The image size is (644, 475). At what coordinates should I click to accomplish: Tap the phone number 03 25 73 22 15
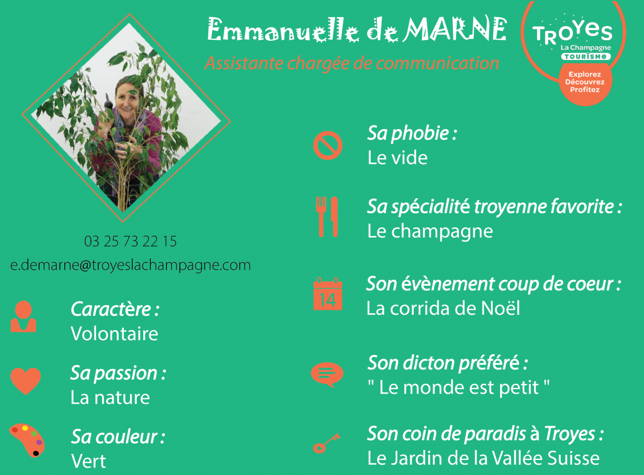point(130,241)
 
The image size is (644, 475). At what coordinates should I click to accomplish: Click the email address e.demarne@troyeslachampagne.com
point(130,265)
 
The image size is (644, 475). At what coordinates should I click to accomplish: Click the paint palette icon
point(27,440)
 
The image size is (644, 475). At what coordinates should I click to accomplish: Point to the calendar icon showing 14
point(328,294)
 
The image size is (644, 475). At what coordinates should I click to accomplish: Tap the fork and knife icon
point(327,217)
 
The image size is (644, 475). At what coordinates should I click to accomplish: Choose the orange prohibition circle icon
point(328,145)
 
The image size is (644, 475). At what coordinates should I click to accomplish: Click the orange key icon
point(327,443)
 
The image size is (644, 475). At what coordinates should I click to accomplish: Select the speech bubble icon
point(327,374)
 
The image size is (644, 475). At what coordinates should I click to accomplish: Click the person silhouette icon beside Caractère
point(24,316)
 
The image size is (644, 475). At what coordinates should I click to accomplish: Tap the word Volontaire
point(114,333)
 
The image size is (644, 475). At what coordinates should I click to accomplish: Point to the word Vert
point(89,461)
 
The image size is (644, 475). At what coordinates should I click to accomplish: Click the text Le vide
point(398,158)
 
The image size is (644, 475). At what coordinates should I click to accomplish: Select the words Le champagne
point(430,232)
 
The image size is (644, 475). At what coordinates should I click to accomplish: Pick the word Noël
point(501,308)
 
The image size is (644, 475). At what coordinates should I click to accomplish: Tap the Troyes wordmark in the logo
point(573,33)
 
